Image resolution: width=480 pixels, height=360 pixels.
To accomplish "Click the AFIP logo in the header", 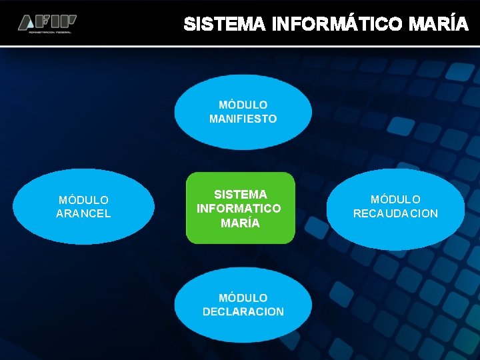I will [x=47, y=23].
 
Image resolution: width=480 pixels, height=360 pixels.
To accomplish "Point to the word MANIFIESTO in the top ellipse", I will [x=243, y=119].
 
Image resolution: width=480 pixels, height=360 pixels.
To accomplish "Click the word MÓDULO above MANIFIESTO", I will [x=243, y=105].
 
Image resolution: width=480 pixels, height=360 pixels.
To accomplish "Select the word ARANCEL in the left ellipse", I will [x=83, y=213].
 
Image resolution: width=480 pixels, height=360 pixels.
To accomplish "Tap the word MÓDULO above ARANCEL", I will [x=83, y=199].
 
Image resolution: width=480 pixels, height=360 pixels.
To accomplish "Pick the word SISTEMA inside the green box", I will [x=240, y=194].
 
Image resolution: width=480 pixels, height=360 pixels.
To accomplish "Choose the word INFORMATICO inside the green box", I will [x=239, y=209].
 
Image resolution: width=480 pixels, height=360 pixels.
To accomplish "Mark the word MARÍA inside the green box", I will [x=240, y=223].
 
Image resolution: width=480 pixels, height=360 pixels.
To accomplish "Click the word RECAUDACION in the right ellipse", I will [x=395, y=213].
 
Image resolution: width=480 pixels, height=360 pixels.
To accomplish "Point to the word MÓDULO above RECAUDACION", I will [x=395, y=199].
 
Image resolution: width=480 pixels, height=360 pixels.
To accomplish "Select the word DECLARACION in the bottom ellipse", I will [x=243, y=311].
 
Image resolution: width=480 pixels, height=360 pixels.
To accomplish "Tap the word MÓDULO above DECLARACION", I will [x=243, y=297].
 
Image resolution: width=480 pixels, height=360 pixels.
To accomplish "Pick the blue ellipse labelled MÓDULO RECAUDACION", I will [x=395, y=230].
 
